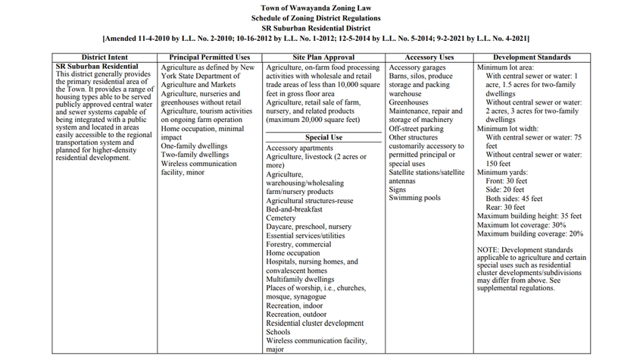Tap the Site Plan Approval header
click(x=324, y=58)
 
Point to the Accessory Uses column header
click(x=429, y=58)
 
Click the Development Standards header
click(x=532, y=58)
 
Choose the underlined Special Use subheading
click(x=324, y=137)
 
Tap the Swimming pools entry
click(x=414, y=198)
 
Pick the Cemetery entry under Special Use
click(x=281, y=218)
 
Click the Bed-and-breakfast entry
click(x=295, y=208)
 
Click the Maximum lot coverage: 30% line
click(x=522, y=225)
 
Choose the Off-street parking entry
click(x=416, y=129)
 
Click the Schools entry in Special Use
click(x=278, y=332)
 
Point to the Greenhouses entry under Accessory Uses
click(x=409, y=102)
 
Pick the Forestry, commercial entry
click(x=298, y=244)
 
